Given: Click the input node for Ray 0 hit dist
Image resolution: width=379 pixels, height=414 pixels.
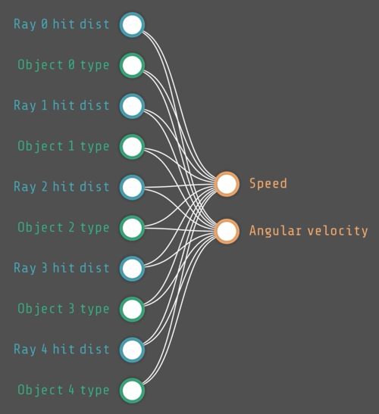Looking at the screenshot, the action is click(x=132, y=25).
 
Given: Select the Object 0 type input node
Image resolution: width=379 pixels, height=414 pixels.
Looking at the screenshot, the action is click(x=132, y=66).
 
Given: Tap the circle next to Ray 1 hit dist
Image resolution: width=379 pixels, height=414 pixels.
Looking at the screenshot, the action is click(x=132, y=106).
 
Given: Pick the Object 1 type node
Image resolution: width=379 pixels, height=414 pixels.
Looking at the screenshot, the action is click(x=132, y=147).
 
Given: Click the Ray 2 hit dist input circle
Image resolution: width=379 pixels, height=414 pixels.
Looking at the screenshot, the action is click(x=132, y=188).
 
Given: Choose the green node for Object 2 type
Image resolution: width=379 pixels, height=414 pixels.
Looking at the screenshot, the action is click(x=132, y=228).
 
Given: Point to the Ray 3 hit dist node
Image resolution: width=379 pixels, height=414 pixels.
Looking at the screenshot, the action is click(x=132, y=269).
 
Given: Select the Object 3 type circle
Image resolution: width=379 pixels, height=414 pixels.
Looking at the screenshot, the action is click(x=132, y=310).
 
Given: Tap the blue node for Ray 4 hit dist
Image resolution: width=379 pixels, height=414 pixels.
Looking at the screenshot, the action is click(x=132, y=350).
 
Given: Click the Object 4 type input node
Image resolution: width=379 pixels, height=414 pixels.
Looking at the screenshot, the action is click(x=132, y=391).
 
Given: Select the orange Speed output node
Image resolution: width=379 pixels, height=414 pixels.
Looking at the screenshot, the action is click(x=227, y=184).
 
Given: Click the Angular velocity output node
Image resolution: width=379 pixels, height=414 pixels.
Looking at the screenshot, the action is click(x=227, y=232).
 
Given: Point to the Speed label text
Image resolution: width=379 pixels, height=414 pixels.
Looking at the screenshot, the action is click(x=268, y=183).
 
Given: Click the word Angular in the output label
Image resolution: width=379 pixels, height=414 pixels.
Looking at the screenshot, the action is click(x=275, y=232).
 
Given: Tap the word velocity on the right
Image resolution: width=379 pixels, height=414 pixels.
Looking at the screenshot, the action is click(x=338, y=232).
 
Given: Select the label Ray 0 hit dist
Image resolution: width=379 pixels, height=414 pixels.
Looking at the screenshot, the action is click(x=61, y=24).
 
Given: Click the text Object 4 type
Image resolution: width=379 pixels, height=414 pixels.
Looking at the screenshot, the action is click(x=64, y=391).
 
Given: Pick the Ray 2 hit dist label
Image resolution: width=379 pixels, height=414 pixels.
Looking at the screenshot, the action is click(x=61, y=187).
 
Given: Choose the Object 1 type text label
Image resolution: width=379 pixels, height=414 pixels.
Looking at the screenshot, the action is click(x=64, y=146).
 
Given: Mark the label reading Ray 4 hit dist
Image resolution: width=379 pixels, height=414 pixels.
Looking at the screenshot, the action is click(x=61, y=350).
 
